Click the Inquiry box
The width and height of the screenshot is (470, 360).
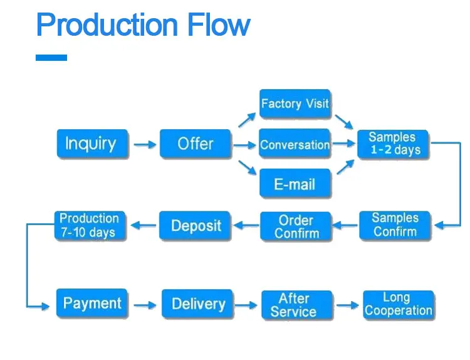pos(92,144)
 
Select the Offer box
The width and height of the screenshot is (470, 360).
pos(196,144)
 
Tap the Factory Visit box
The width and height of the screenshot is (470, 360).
pos(295,103)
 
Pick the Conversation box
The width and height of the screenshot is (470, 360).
pos(295,144)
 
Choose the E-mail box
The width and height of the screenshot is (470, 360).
pos(295,183)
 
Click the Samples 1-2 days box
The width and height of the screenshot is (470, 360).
pos(393,144)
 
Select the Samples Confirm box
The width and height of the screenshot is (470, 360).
pos(395,225)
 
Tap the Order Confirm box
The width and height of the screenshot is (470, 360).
pos(296,226)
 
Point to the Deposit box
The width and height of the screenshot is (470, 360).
pos(195,225)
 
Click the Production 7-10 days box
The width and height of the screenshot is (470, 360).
pos(90,225)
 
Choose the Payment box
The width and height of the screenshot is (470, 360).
pos(92,303)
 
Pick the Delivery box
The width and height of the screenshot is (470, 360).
pos(197,304)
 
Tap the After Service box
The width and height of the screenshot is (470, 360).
pos(297,305)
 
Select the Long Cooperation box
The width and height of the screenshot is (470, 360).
pos(399,305)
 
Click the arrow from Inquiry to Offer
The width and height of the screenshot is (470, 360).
pos(145,145)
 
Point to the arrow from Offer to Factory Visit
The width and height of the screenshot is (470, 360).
pos(247,120)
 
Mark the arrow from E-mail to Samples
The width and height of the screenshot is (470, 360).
pos(345,167)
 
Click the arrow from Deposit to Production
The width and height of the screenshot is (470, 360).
pos(144,225)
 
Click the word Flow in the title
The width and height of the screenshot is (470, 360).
pos(219,24)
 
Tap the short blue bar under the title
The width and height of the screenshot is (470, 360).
pos(51,58)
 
